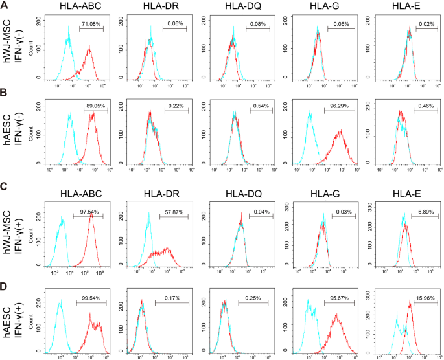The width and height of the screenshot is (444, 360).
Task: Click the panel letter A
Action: pyautogui.click(x=5, y=5)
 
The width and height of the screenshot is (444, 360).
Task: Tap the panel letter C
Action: pyautogui.click(x=5, y=187)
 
